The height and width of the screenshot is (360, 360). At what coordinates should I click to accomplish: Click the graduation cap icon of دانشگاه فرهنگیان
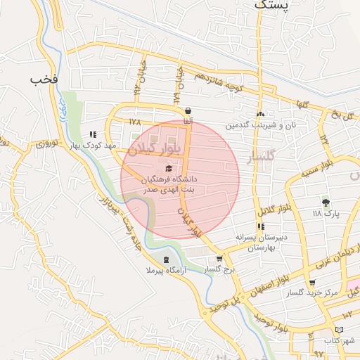tap(167, 168)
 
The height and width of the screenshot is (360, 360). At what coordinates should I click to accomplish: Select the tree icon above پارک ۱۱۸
tap(325, 202)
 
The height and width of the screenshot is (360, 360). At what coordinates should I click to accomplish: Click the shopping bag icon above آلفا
tap(188, 111)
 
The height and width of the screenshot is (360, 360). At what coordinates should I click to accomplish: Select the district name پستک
tap(270, 6)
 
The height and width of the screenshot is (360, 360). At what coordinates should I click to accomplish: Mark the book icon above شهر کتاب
tap(339, 330)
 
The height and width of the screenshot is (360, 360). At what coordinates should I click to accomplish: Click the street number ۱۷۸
tap(136, 122)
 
